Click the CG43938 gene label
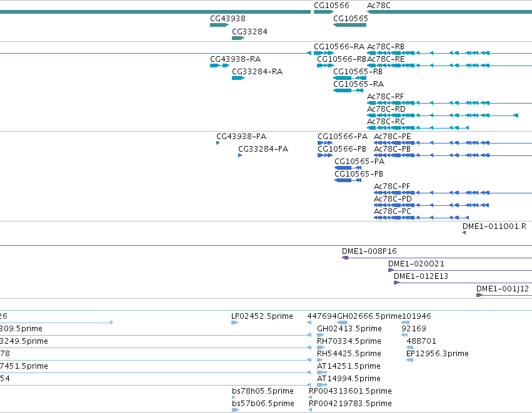coord(228,19)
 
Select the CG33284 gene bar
coord(238,38)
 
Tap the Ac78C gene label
coord(379,6)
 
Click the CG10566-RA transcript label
coord(339,47)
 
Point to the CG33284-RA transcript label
coord(257,71)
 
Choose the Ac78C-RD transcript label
coord(386,109)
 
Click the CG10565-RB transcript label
coord(358,72)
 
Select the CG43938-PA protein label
coord(241,137)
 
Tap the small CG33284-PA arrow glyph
coord(240,155)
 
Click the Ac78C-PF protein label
coord(392,187)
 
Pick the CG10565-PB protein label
coord(359,174)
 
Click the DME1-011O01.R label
coord(494,226)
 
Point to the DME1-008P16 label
coord(369,251)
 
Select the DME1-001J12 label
coord(503,289)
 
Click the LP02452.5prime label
coord(262,316)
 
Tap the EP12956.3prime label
coord(438,353)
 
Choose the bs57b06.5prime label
coord(263,404)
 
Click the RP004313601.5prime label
coord(350,391)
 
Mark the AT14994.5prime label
coord(348,379)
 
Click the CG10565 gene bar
coord(350,25)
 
